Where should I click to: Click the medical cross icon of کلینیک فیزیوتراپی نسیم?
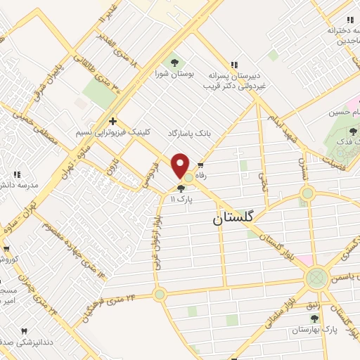click(x=112, y=122)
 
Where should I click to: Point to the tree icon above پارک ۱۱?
click(x=181, y=188)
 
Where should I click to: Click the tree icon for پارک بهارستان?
click(x=314, y=319)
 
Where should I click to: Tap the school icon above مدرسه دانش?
click(x=16, y=174)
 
